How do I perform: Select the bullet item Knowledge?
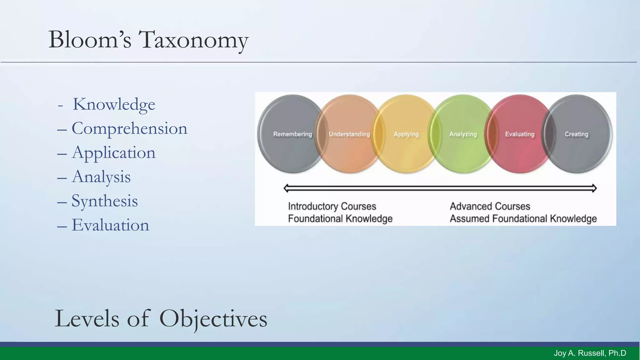(x=114, y=104)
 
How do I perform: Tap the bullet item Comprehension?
(x=129, y=128)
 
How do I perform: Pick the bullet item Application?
(x=113, y=153)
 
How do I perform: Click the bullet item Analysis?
(x=101, y=177)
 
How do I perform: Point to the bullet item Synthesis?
(x=104, y=201)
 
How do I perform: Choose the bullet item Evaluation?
(x=110, y=225)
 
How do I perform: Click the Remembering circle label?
(x=292, y=134)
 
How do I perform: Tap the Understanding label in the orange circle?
(x=349, y=134)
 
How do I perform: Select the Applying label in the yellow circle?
(x=406, y=134)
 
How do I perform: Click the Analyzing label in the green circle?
(x=463, y=134)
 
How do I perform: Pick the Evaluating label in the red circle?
(x=520, y=134)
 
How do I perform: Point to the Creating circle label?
(x=576, y=134)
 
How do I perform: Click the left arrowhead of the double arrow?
(x=286, y=188)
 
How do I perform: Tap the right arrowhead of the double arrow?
(x=594, y=188)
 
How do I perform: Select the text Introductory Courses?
(x=332, y=207)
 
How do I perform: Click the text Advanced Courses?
(x=490, y=207)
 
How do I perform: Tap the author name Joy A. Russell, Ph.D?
(x=590, y=353)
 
